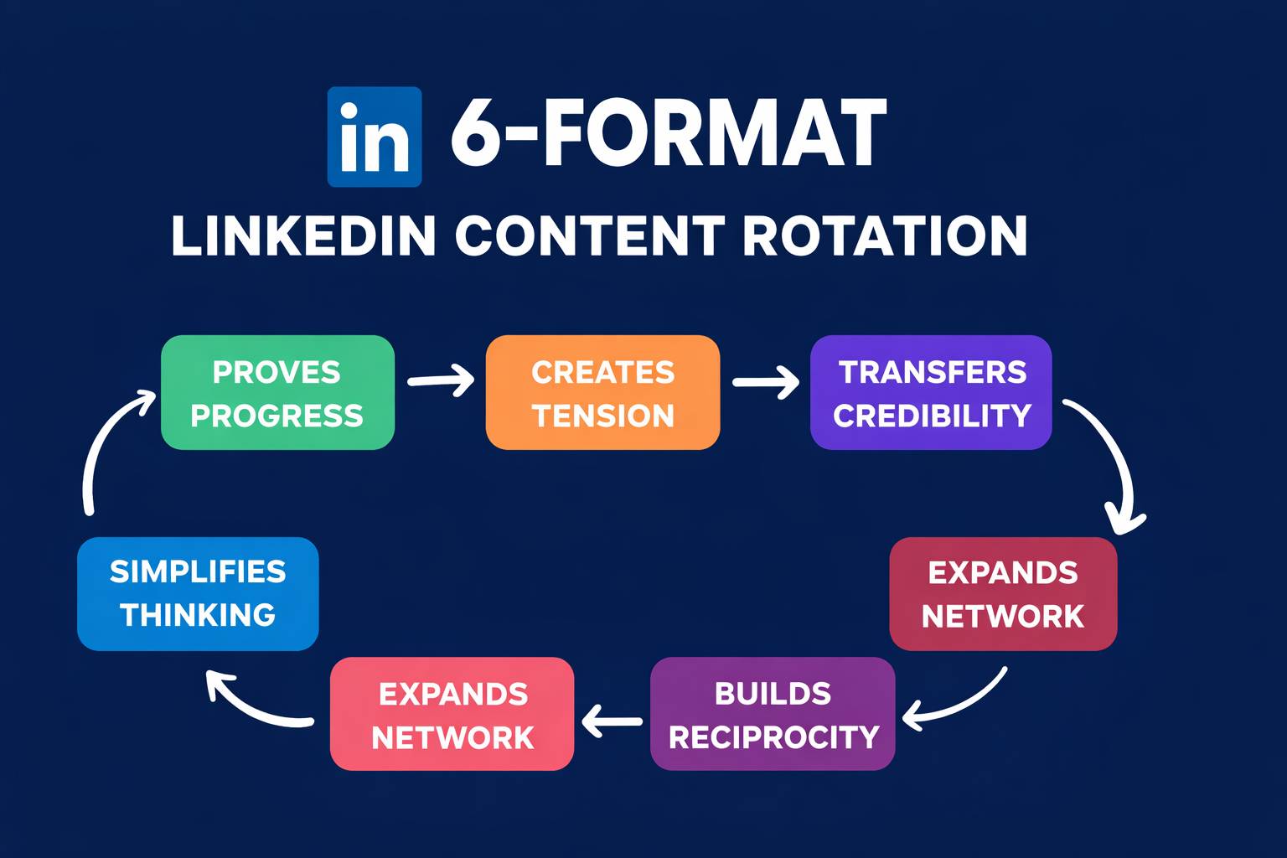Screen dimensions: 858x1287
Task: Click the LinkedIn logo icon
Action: tap(374, 137)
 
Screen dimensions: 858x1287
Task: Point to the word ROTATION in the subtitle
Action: tap(885, 236)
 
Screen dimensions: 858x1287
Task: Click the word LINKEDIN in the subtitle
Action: tap(303, 236)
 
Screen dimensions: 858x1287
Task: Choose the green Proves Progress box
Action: tap(277, 393)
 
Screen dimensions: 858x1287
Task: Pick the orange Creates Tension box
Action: tap(602, 393)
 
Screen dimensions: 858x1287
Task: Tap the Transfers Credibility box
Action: tap(931, 393)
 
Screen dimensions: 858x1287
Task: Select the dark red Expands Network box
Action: tap(1003, 594)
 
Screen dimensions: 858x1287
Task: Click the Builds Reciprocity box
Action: tap(773, 714)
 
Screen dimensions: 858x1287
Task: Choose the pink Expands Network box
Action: tap(452, 714)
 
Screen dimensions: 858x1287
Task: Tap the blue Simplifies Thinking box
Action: tap(198, 594)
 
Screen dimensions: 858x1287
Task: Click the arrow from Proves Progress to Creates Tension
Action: tap(440, 380)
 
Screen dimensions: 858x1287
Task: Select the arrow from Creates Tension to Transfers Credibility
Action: tap(765, 382)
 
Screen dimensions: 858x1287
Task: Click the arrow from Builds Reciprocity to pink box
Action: tap(612, 721)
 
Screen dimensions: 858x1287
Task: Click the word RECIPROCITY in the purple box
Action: tap(773, 737)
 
